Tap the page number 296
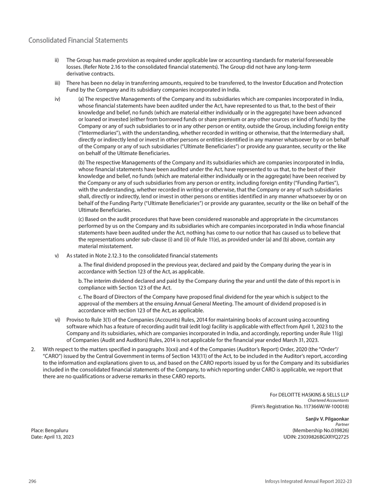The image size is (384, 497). [32, 481]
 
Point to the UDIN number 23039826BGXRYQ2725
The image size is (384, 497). [317, 437]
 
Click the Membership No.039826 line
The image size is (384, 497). [320, 431]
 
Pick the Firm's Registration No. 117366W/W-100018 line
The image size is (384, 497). [300, 406]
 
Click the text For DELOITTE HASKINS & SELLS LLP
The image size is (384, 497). [309, 395]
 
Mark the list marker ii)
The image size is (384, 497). [57, 60]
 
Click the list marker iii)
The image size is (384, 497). [57, 83]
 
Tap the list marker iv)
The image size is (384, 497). [57, 99]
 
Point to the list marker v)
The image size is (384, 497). [57, 255]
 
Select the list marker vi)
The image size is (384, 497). [57, 319]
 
